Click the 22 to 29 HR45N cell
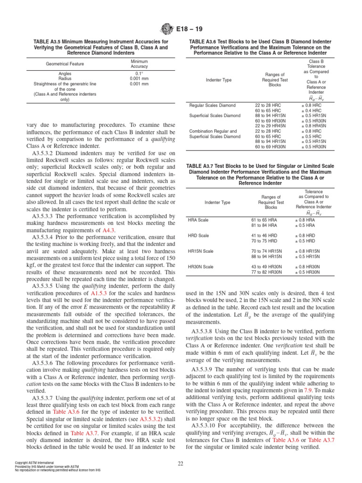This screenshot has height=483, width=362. (x=267, y=126)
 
